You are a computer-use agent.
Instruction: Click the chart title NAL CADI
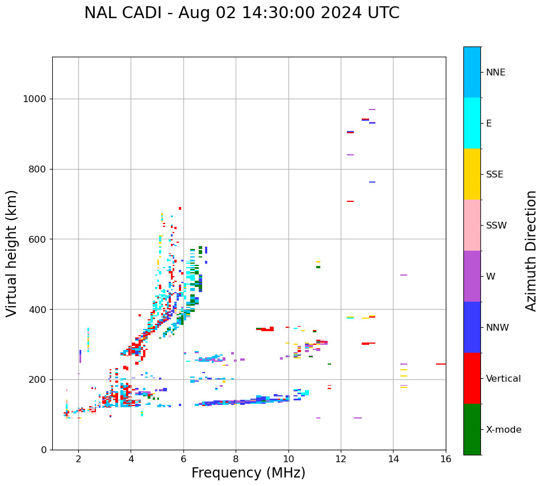241,13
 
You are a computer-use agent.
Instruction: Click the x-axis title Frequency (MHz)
248,473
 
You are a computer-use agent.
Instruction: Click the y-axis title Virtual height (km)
12,253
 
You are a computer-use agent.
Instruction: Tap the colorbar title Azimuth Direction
531,250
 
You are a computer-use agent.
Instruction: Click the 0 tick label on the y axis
43,450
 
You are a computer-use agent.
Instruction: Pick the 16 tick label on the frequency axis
446,459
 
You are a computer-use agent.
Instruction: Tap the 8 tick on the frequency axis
236,459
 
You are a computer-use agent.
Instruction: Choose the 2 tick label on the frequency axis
78,459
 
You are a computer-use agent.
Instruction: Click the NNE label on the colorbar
495,73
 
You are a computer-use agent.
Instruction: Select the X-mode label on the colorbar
503,430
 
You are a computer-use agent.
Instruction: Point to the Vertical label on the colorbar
503,379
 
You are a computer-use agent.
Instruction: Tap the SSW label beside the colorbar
496,226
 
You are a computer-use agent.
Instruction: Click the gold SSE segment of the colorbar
472,174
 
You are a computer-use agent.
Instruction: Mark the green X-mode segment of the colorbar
472,429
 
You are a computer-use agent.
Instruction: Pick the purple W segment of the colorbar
472,276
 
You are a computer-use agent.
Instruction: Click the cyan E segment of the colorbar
472,123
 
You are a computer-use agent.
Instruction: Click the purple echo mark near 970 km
372,109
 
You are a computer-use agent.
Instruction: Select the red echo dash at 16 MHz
441,364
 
